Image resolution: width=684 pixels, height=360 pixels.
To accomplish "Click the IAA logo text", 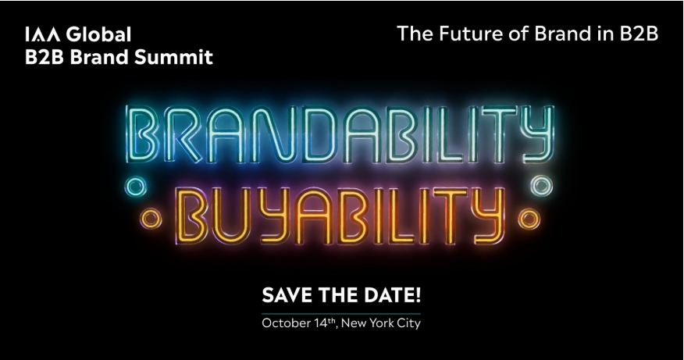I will click(39, 36).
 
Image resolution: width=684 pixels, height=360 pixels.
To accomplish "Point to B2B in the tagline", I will click(636, 34).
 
